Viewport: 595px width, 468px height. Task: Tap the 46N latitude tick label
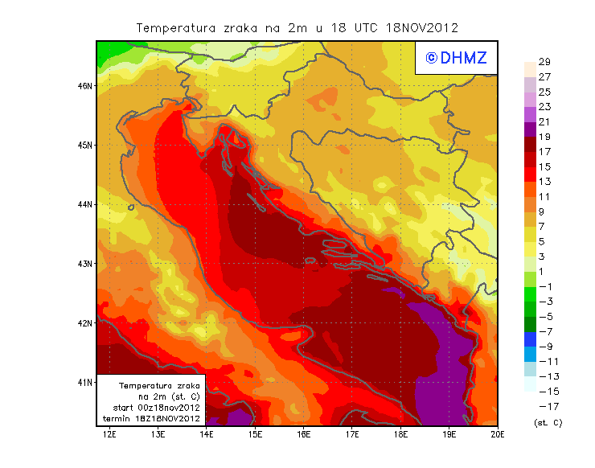coord(86,85)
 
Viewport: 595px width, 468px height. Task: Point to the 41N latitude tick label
coord(86,382)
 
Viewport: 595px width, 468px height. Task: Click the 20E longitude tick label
coord(498,434)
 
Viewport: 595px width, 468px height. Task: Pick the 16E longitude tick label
coord(304,434)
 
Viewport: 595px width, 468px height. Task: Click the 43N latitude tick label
coord(86,264)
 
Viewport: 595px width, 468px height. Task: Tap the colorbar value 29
coord(544,62)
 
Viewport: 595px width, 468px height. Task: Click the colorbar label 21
coord(544,121)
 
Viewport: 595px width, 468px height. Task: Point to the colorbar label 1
coord(544,271)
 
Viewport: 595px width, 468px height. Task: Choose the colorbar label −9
coord(544,347)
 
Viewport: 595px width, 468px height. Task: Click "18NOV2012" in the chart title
coord(423,28)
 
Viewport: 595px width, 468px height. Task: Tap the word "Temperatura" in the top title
coord(174,28)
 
